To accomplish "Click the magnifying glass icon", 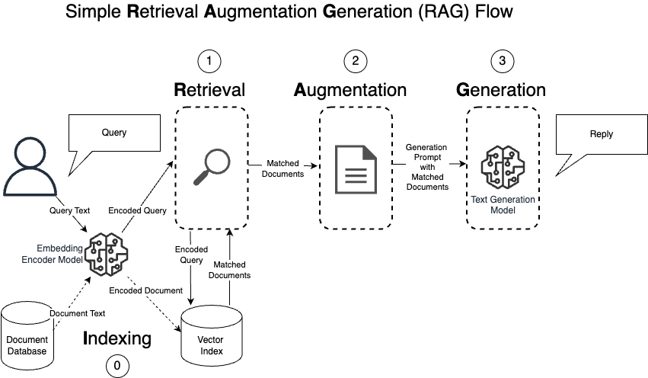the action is coord(212,167).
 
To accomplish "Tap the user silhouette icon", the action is coord(30,167).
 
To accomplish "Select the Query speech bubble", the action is coord(114,133).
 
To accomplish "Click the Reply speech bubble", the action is coord(602,135).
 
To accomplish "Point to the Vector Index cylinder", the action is coord(212,336).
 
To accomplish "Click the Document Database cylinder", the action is coord(27,336).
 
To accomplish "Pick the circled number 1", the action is coord(209,61).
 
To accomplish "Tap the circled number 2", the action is coord(356,61).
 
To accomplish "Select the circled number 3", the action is coord(502,61).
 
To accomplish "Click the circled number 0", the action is coord(117,366).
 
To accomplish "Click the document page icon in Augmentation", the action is coord(356,169).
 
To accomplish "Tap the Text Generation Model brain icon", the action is coord(503,167).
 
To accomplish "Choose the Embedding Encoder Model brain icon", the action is coord(106,254).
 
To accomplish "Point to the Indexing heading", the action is coord(117,338).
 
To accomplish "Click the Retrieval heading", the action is coord(209,90).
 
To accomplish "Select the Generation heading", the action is coord(501,90).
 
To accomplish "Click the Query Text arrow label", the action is coord(69,210).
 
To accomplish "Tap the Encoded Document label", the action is coord(146,290).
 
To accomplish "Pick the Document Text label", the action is coord(77,313).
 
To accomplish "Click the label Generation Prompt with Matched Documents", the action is coord(427,167).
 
